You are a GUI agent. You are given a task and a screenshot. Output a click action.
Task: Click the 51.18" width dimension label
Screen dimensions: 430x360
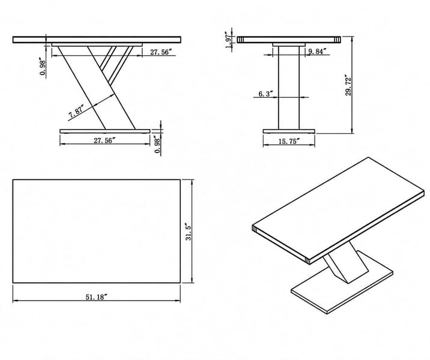coord(95,297)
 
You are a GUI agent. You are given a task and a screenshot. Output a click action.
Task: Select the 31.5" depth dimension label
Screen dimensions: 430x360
coord(188,232)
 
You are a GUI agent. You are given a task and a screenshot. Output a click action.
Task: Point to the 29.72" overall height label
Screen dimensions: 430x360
coord(348,85)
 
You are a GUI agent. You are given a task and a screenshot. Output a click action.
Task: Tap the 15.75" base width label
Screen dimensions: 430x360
coord(289,141)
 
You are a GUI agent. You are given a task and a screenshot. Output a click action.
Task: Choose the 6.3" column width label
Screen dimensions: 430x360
coord(265,94)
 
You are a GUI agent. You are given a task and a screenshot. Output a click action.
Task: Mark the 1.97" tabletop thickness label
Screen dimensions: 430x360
coord(228,41)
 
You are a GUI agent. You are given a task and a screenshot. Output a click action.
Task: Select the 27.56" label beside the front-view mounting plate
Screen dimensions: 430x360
coord(161,52)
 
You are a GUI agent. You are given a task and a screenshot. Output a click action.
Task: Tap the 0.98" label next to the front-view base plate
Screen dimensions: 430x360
coord(157,145)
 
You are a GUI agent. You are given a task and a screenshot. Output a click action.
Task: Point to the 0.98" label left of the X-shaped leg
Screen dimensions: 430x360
coord(43,67)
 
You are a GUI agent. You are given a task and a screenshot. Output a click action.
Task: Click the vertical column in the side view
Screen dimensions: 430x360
coord(289,88)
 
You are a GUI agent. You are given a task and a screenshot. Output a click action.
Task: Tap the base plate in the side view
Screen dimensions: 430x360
coord(289,131)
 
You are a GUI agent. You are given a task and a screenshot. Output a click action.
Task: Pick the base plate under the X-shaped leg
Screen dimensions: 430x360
coord(105,131)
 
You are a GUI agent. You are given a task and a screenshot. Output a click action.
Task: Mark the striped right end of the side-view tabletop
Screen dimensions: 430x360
coord(338,40)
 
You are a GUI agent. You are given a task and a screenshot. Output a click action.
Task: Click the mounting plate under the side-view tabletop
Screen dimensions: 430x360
coord(289,44)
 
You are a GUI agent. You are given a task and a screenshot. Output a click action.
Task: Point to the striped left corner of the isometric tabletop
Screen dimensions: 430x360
coord(254,229)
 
